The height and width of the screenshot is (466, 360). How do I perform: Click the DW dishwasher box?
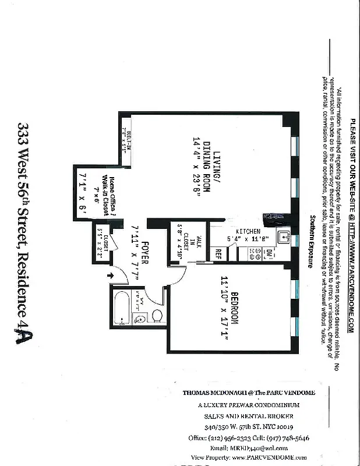click(x=269, y=254)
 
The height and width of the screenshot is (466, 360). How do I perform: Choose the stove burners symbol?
click(x=255, y=253)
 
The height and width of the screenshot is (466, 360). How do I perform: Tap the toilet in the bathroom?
click(x=157, y=315)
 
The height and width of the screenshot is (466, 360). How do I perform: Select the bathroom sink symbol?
click(x=139, y=319)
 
